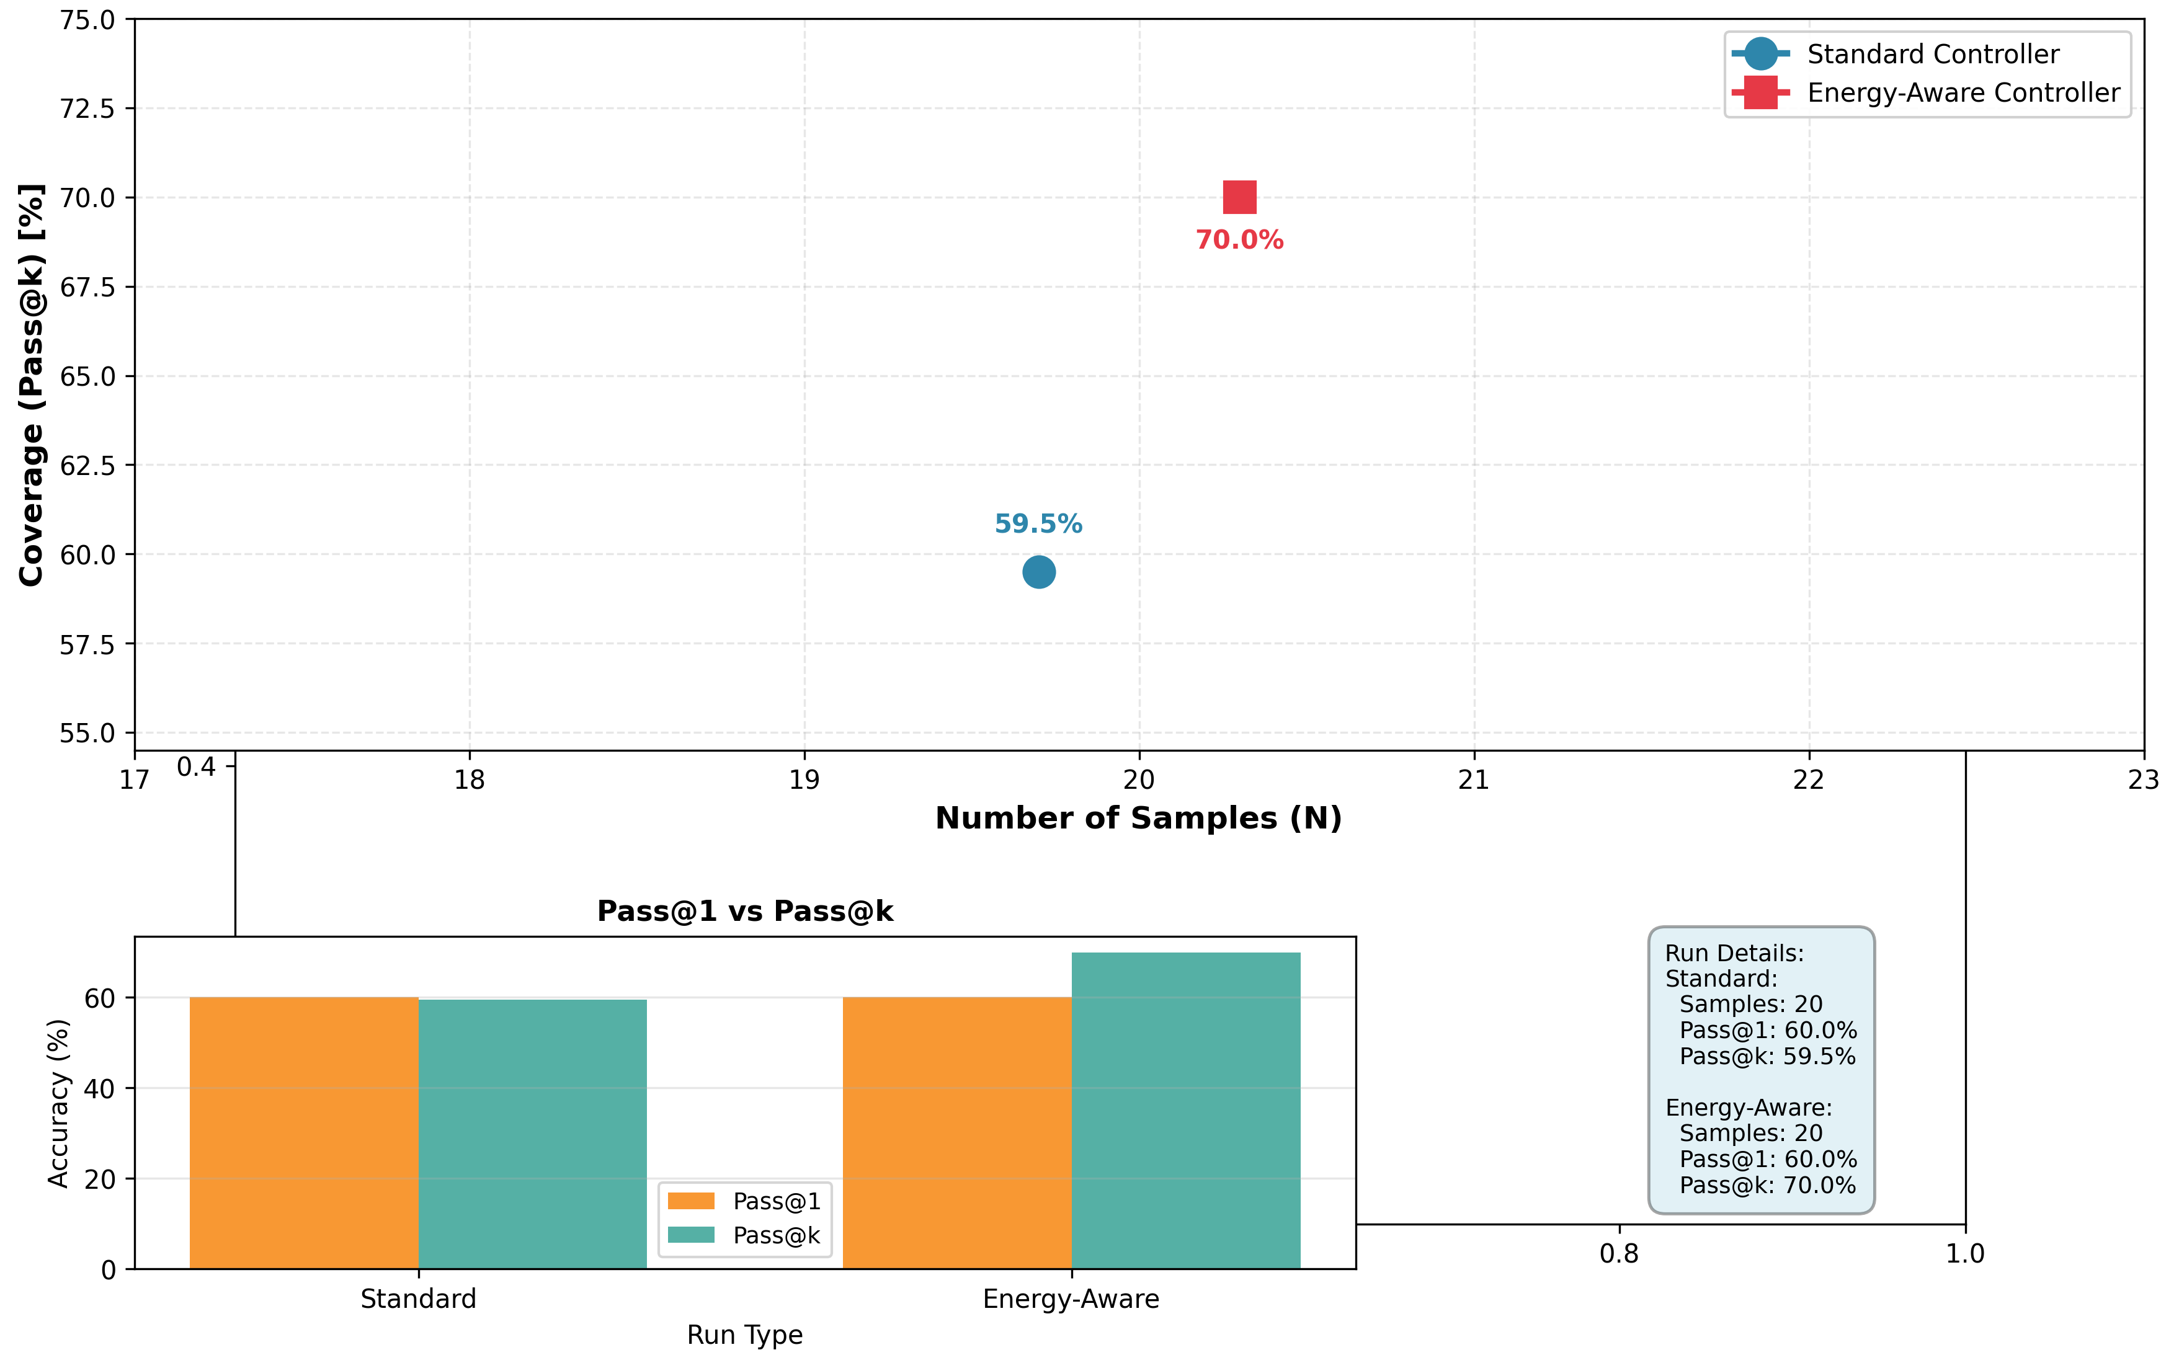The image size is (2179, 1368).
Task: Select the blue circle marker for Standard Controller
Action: pos(1039,572)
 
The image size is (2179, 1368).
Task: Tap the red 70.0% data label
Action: pos(1239,241)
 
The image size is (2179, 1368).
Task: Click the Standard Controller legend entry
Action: pos(1932,55)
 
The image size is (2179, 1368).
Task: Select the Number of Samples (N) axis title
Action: pos(1138,818)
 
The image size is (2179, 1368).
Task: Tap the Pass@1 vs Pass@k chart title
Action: pos(745,911)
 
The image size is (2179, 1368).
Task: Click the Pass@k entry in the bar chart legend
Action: pos(775,1236)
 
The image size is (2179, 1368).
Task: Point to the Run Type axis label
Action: pos(745,1335)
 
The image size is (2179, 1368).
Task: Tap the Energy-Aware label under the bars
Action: pos(1071,1299)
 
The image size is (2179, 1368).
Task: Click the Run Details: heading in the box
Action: pos(1734,954)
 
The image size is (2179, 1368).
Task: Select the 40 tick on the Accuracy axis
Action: pos(99,1088)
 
